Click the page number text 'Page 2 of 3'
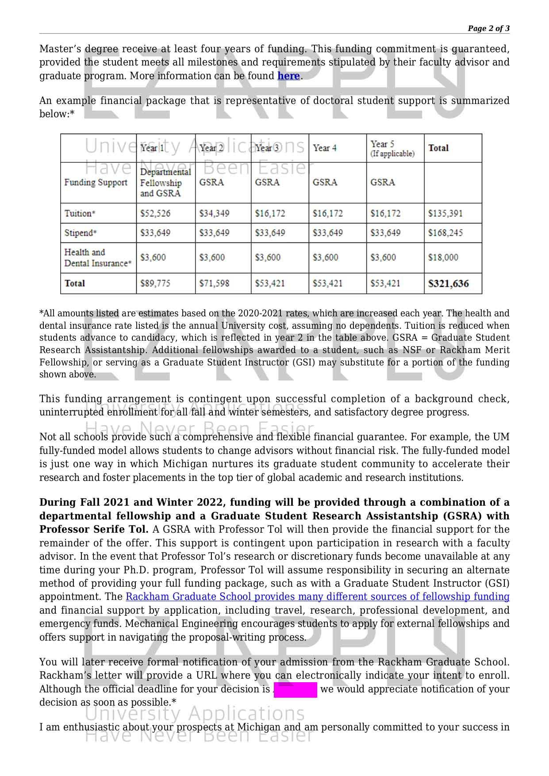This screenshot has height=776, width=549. [488, 29]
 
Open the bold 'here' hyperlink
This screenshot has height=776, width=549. [288, 76]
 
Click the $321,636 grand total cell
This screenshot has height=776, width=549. [448, 284]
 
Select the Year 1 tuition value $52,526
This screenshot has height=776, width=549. [155, 214]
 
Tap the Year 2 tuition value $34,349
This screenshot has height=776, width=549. [214, 214]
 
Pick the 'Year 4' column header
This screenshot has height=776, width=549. [325, 148]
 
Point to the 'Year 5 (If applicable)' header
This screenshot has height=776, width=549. [392, 148]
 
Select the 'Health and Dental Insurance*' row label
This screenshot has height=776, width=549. [98, 258]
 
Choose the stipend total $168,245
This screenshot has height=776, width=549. [445, 233]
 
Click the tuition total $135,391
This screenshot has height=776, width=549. [445, 214]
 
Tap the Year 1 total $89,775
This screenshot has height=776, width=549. [155, 284]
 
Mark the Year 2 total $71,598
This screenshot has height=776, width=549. [214, 284]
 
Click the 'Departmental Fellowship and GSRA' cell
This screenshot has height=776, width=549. [165, 183]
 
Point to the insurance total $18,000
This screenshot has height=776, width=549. [443, 257]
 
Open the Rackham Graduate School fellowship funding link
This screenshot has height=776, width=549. [317, 597]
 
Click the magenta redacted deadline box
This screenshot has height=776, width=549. [295, 690]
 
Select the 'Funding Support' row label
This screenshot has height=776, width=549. [96, 183]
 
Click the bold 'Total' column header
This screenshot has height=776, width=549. [438, 148]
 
